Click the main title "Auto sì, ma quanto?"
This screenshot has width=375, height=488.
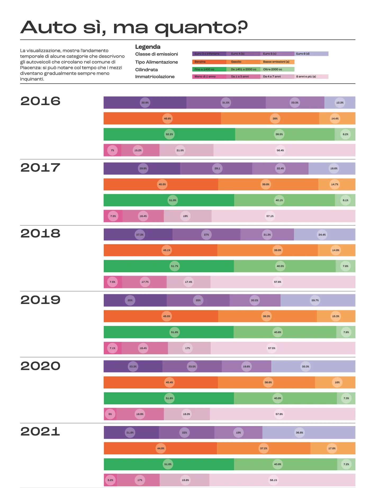pyautogui.click(x=134, y=27)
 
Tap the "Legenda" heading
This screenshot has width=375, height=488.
pyautogui.click(x=148, y=47)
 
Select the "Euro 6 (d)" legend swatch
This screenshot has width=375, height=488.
pyautogui.click(x=311, y=54)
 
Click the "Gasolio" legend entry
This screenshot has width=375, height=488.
pyautogui.click(x=243, y=62)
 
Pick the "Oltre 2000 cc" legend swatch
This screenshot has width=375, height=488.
pyautogui.click(x=277, y=69)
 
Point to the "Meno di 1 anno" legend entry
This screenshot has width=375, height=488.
pyautogui.click(x=209, y=77)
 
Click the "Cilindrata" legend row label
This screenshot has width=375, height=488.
pyautogui.click(x=146, y=70)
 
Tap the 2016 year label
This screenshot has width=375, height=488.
pyautogui.click(x=40, y=101)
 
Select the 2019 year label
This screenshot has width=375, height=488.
pyautogui.click(x=40, y=300)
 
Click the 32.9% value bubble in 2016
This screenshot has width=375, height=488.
pyautogui.click(x=145, y=103)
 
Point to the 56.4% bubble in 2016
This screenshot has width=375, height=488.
pyautogui.click(x=280, y=150)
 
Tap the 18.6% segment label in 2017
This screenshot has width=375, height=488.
pyautogui.click(x=334, y=168)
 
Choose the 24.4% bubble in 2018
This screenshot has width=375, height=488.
pyautogui.click(x=322, y=235)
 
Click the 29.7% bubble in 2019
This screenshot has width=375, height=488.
pyautogui.click(x=315, y=300)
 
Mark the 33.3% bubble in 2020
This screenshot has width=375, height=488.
pyautogui.click(x=305, y=366)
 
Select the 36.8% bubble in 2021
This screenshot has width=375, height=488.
pyautogui.click(x=300, y=433)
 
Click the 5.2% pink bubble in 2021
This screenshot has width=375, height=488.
pyautogui.click(x=110, y=480)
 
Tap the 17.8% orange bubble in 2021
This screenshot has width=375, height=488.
pyautogui.click(x=332, y=448)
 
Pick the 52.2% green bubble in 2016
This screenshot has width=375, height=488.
pyautogui.click(x=169, y=134)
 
